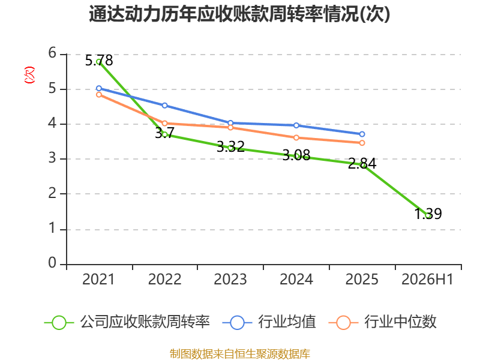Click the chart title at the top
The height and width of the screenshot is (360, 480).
click(x=239, y=14)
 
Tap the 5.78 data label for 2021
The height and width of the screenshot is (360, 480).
click(x=99, y=61)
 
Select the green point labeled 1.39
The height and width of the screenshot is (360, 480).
click(x=428, y=215)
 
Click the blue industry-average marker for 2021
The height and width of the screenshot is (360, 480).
click(x=99, y=88)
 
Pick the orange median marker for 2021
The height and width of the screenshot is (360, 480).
click(x=99, y=95)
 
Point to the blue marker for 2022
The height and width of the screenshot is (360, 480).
click(x=164, y=106)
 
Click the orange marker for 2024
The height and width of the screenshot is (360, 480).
click(x=296, y=138)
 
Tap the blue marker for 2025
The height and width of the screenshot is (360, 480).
click(x=362, y=134)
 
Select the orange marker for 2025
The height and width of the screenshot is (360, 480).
click(x=362, y=143)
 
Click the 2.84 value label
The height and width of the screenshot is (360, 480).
click(x=362, y=163)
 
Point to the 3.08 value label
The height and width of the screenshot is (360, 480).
click(x=296, y=155)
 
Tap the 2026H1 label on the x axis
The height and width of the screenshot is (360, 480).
click(x=427, y=280)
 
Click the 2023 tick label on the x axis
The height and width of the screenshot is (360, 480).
click(x=230, y=280)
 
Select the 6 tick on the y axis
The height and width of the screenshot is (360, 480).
click(x=52, y=53)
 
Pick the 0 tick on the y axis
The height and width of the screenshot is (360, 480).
click(x=52, y=263)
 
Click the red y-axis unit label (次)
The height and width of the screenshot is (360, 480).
click(x=29, y=75)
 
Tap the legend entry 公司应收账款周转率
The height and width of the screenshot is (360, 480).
click(x=127, y=322)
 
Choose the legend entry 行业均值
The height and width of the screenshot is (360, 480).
click(x=269, y=322)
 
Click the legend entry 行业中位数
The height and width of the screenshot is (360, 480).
click(x=383, y=322)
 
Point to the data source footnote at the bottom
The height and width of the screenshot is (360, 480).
click(x=240, y=354)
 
